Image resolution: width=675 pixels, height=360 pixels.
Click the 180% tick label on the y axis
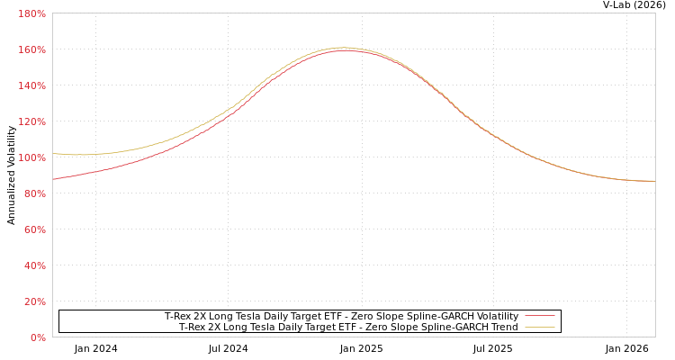pyautogui.click(x=32, y=13)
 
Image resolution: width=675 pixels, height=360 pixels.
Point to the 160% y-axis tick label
pyautogui.click(x=32, y=49)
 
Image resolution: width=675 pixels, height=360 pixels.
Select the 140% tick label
pyautogui.click(x=32, y=85)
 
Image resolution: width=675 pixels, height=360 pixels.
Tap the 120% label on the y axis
pyautogui.click(x=32, y=121)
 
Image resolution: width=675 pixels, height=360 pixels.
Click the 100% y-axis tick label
pyautogui.click(x=32, y=157)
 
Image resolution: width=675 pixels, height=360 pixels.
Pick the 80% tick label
pyautogui.click(x=34, y=193)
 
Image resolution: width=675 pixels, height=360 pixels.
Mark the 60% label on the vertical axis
pyautogui.click(x=34, y=229)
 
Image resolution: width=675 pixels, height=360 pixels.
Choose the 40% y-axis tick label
pyautogui.click(x=34, y=265)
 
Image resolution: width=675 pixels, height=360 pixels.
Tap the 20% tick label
pyautogui.click(x=34, y=301)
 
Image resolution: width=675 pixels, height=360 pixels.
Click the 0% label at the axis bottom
pyautogui.click(x=38, y=337)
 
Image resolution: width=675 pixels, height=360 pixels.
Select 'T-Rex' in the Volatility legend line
pyautogui.click(x=178, y=316)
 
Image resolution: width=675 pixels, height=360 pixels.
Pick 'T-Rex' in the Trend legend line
pyautogui.click(x=193, y=327)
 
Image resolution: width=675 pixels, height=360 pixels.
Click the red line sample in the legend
pyautogui.click(x=540, y=316)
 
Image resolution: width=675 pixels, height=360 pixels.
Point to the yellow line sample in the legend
pyautogui.click(x=540, y=327)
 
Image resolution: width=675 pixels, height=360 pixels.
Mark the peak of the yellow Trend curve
pyautogui.click(x=343, y=48)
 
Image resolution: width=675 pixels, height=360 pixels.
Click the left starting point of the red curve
pyautogui.click(x=53, y=179)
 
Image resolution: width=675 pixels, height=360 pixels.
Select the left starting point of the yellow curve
pyautogui.click(x=53, y=154)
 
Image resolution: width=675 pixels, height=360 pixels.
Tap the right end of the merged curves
pyautogui.click(x=653, y=181)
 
